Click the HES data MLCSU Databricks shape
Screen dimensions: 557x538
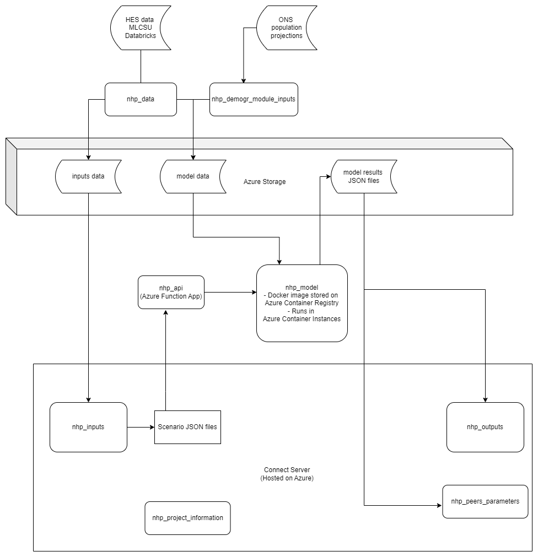(141, 27)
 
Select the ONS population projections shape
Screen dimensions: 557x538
(286, 27)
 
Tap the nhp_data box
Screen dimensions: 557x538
(141, 99)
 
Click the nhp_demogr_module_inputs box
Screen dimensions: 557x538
(254, 99)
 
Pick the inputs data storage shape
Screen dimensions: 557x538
(88, 176)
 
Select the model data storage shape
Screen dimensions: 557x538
(193, 176)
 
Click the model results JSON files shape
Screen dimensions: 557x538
(364, 176)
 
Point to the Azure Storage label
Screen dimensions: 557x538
(265, 182)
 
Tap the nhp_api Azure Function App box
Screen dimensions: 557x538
(171, 292)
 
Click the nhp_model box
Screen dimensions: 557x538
(302, 303)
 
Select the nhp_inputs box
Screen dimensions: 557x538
(88, 427)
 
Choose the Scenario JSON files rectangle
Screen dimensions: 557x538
(187, 427)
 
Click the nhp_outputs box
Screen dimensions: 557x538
(485, 427)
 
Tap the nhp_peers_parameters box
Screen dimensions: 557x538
(485, 501)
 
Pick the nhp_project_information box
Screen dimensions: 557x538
(187, 518)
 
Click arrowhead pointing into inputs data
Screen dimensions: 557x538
(88, 157)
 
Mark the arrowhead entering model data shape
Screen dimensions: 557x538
(193, 157)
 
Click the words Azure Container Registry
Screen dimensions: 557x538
(302, 303)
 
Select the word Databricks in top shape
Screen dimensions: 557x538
(141, 35)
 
